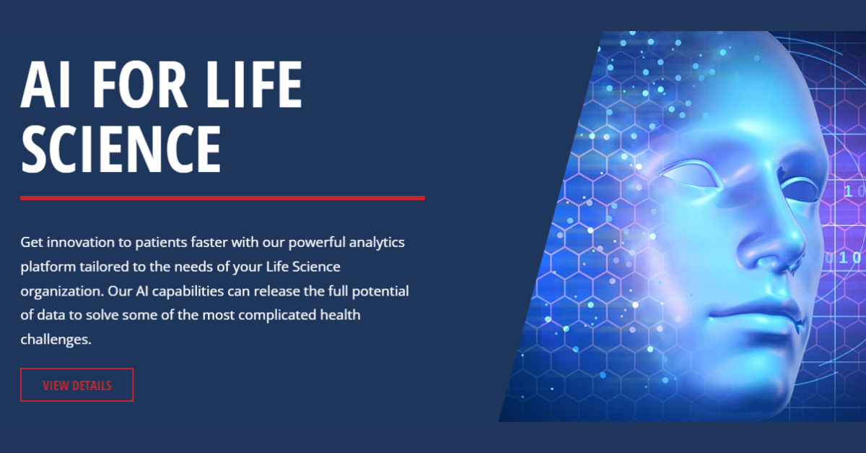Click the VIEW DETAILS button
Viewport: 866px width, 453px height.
pyautogui.click(x=77, y=384)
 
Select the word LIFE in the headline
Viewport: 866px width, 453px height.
pyautogui.click(x=254, y=85)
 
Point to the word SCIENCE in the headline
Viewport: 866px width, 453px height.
pyautogui.click(x=121, y=148)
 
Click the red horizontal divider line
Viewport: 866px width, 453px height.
pyautogui.click(x=223, y=198)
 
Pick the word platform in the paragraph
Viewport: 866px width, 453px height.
pyautogui.click(x=48, y=267)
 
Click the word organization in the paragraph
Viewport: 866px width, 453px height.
pyautogui.click(x=62, y=292)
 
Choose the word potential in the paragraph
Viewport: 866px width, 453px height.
pyautogui.click(x=380, y=292)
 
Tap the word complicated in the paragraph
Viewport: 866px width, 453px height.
pyautogui.click(x=277, y=316)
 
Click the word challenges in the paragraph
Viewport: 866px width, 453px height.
pyautogui.click(x=56, y=340)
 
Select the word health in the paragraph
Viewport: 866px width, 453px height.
pyautogui.click(x=340, y=315)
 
